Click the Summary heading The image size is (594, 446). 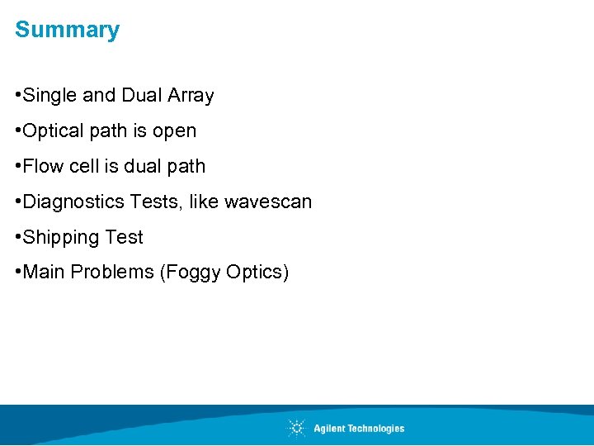click(x=67, y=30)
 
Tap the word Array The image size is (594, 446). click(x=191, y=96)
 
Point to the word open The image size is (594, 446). click(x=175, y=131)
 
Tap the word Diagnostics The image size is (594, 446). click(x=73, y=202)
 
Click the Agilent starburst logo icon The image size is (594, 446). click(x=297, y=428)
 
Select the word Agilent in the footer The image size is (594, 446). click(x=330, y=428)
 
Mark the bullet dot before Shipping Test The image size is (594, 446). click(x=18, y=238)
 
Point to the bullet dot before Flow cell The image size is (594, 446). click(x=18, y=166)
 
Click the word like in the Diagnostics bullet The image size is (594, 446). click(x=203, y=202)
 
